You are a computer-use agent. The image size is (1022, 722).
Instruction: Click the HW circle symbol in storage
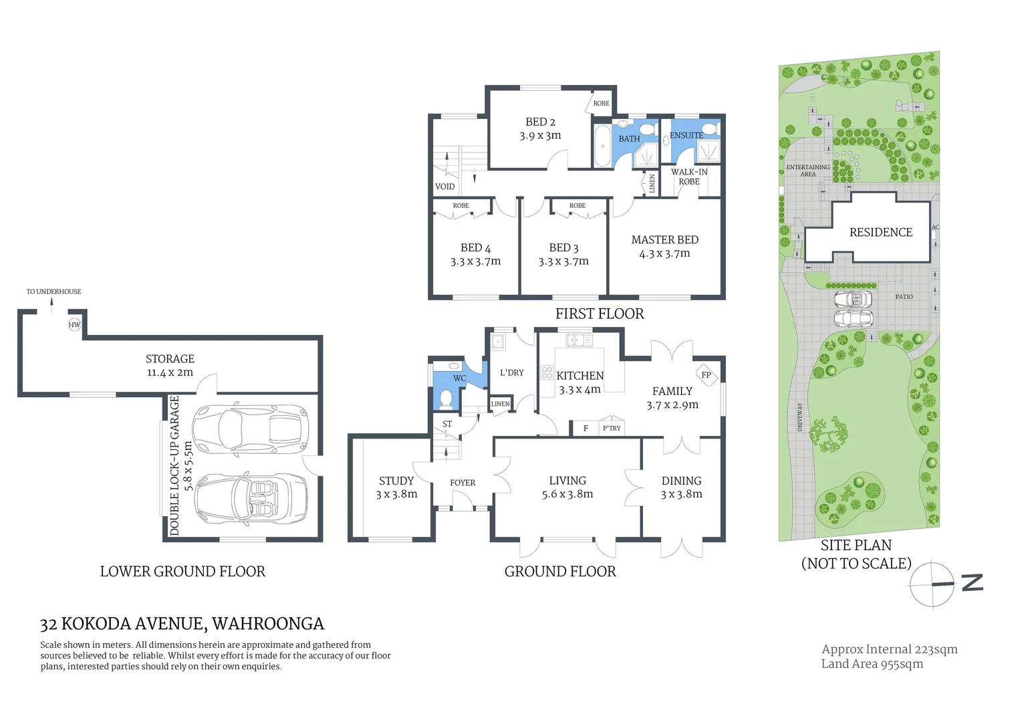click(74, 325)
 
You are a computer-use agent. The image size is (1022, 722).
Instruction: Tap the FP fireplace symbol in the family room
click(706, 375)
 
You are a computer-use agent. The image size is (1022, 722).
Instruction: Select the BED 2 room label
click(540, 122)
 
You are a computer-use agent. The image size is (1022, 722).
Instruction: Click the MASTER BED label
click(664, 240)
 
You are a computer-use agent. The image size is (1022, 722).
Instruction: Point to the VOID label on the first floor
click(444, 187)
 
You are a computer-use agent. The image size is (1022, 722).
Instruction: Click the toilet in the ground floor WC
click(446, 399)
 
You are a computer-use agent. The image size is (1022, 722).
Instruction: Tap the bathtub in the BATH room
click(602, 146)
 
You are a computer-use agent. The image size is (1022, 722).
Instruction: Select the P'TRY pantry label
click(611, 429)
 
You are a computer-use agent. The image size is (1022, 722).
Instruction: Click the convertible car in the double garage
click(251, 498)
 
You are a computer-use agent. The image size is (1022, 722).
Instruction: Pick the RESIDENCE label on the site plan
click(880, 233)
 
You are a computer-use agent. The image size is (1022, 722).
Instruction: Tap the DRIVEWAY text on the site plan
click(800, 417)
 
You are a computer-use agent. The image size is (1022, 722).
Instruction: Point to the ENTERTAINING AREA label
click(807, 170)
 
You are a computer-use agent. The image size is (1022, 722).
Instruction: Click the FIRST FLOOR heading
click(600, 314)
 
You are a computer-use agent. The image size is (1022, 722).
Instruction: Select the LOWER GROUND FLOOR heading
click(182, 572)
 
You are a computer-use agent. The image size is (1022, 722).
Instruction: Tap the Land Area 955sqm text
click(872, 664)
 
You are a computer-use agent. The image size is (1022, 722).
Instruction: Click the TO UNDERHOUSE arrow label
click(53, 292)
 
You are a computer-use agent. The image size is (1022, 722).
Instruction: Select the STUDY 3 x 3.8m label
click(396, 487)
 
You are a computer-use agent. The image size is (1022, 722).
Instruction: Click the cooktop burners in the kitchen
click(547, 372)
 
